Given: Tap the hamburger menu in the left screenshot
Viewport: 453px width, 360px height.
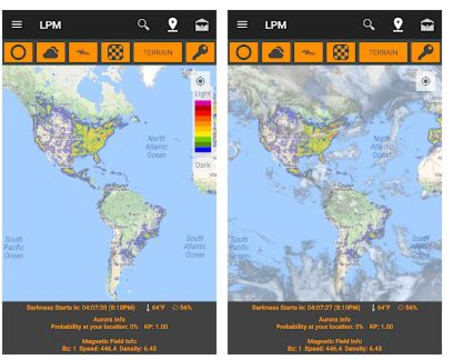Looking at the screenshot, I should point(17,25).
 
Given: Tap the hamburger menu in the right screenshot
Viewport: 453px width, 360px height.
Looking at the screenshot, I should point(242,25).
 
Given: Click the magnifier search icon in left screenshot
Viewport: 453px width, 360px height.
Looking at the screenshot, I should point(144,24).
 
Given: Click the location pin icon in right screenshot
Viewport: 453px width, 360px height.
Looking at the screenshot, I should point(398,24).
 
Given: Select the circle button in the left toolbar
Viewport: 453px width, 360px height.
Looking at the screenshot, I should point(18,52).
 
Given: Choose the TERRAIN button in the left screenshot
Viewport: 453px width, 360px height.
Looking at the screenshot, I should point(158,52).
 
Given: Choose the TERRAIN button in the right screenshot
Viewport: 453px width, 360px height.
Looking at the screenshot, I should point(383,52).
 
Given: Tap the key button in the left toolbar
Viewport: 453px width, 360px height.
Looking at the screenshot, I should point(201,52).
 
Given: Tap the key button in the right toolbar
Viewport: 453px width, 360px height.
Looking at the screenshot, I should point(426,52).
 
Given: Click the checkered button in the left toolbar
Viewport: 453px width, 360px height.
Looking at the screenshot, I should point(115,52).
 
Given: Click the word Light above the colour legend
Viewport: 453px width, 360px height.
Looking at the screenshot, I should point(203,94).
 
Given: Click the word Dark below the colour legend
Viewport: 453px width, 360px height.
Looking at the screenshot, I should point(203,165).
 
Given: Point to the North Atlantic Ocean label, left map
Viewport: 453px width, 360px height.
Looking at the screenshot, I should point(157,146).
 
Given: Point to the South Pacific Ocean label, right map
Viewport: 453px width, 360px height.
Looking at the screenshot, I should point(239,247).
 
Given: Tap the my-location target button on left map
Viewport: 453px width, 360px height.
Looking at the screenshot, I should point(200,81).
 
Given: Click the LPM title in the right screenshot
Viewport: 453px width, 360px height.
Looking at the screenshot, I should point(275,25).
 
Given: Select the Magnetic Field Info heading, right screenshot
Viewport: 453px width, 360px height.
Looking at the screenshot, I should point(335,341).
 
